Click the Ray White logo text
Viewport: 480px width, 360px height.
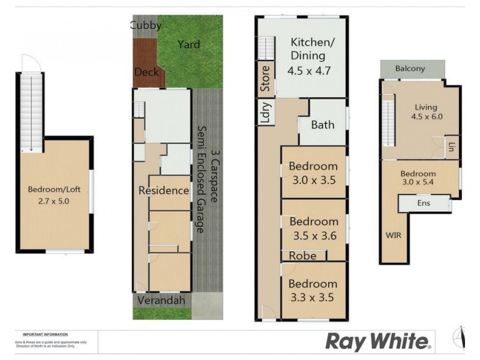pyautogui.click(x=377, y=342)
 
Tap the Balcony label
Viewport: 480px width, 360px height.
pyautogui.click(x=410, y=68)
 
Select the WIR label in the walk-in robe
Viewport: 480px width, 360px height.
pyautogui.click(x=393, y=235)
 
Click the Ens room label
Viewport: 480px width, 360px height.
pyautogui.click(x=424, y=204)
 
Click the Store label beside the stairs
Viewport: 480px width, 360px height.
pyautogui.click(x=265, y=78)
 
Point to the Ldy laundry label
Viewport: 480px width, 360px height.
pyautogui.click(x=265, y=112)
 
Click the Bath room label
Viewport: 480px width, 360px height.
pyautogui.click(x=322, y=125)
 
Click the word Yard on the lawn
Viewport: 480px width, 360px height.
pyautogui.click(x=188, y=44)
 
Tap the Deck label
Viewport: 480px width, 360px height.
pyautogui.click(x=146, y=73)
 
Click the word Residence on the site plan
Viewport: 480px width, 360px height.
pyautogui.click(x=164, y=191)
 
